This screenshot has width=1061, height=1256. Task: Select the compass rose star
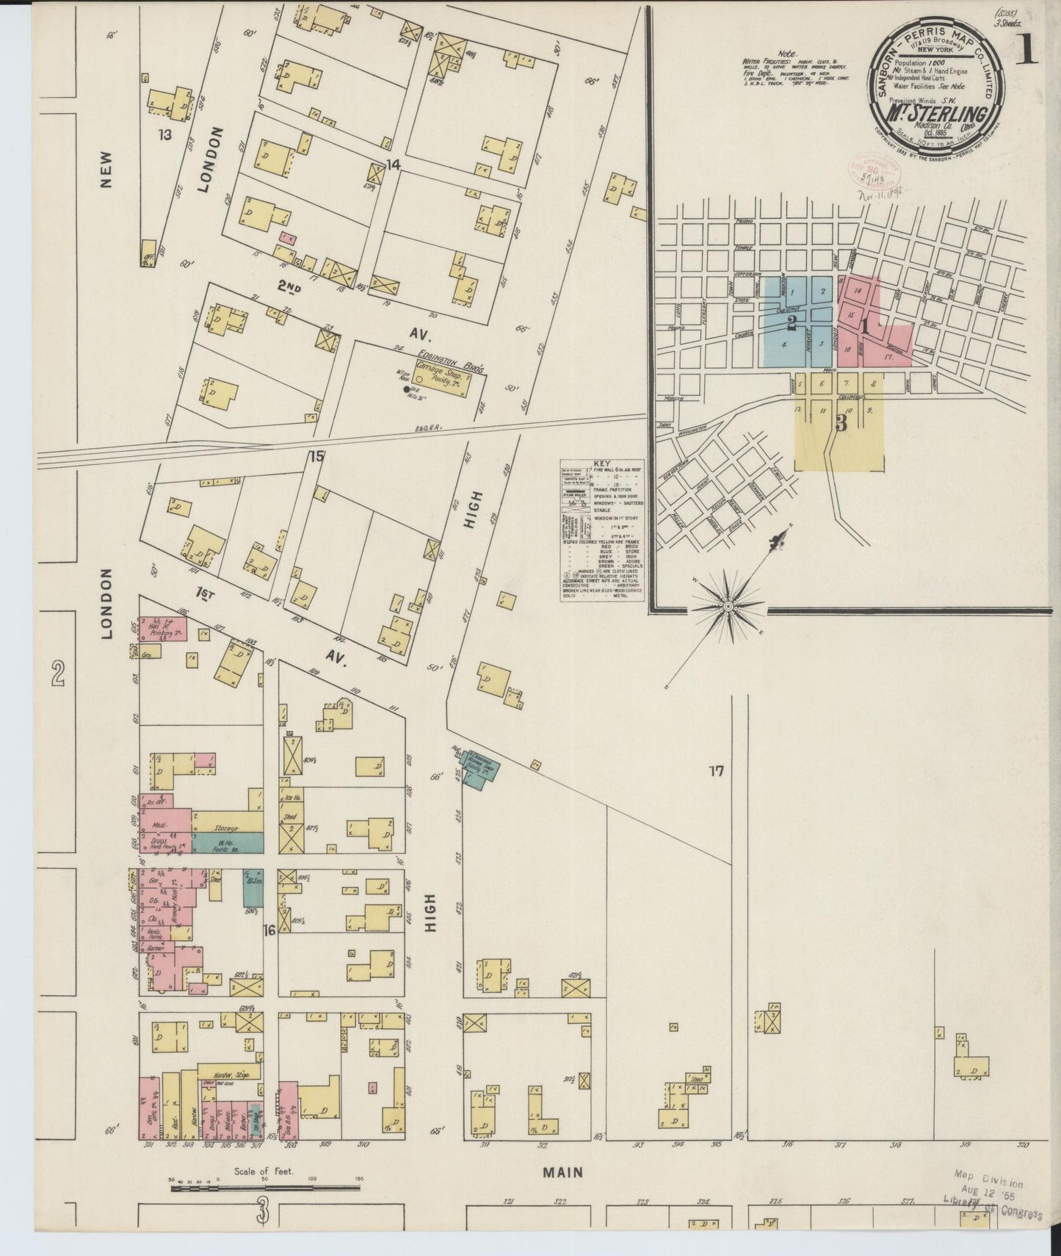pos(727,607)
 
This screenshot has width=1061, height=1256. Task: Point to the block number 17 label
pos(717,770)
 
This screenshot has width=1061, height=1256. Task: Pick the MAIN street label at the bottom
pos(563,1172)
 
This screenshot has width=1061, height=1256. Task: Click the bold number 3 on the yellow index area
pos(841,423)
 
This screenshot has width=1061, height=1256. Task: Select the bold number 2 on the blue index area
pos(792,322)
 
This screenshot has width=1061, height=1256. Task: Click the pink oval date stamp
pos(875,171)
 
